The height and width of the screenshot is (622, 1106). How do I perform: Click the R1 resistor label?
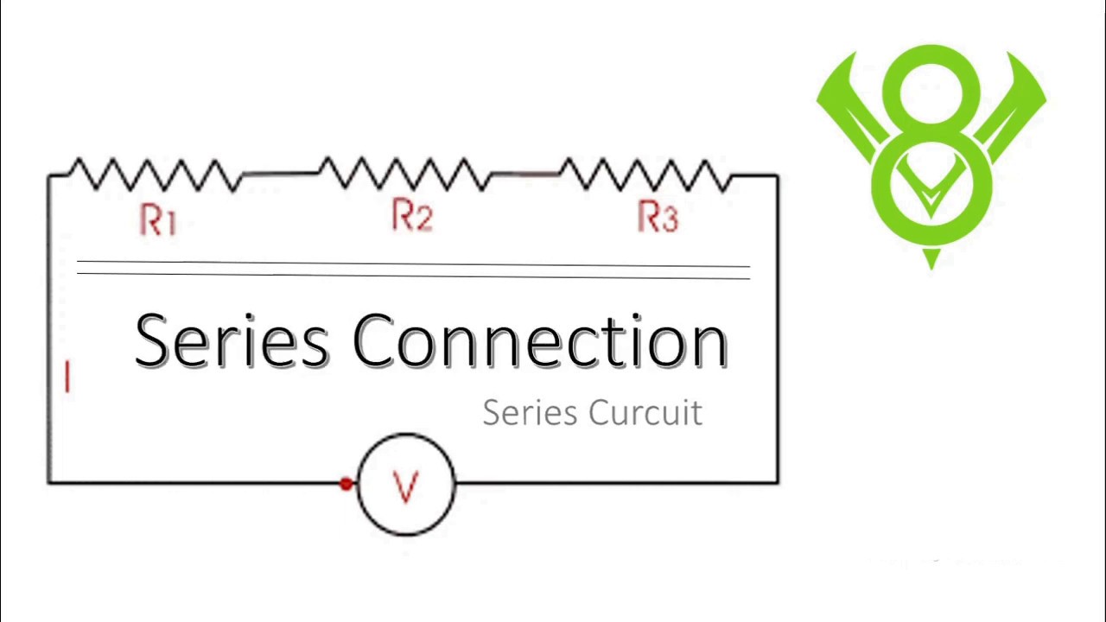click(x=157, y=219)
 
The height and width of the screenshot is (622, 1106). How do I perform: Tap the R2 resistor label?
click(x=411, y=215)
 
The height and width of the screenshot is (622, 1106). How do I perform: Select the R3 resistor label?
click(x=658, y=216)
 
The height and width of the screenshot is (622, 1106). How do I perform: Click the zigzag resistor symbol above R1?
click(x=154, y=175)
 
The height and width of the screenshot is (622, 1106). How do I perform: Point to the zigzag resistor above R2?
click(x=404, y=174)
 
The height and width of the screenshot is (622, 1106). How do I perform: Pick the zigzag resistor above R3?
click(x=646, y=175)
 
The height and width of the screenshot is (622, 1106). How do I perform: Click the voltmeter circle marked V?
click(x=405, y=486)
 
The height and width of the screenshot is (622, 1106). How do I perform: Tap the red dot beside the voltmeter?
click(x=346, y=484)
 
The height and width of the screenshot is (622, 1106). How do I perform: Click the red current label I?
click(x=67, y=378)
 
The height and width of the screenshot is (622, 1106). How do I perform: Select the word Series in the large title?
click(x=232, y=340)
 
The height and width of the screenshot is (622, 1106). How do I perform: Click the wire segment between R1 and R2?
click(x=280, y=175)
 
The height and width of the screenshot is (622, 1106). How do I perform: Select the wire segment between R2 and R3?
click(x=525, y=175)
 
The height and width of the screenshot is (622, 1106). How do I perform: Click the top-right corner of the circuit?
click(x=778, y=176)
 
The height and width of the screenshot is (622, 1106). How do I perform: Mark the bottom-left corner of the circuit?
click(x=49, y=481)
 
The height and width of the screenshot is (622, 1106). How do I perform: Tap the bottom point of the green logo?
click(x=931, y=264)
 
